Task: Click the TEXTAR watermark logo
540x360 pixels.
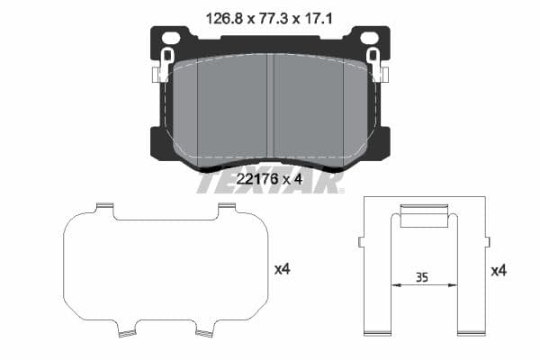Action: coord(269,183)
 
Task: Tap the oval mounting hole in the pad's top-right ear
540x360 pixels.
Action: coord(368,37)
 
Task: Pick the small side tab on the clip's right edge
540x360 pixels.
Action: coord(487,241)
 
